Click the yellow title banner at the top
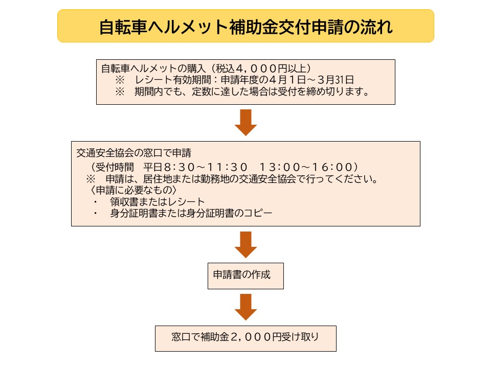coord(245,26)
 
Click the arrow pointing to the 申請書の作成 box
coord(245,245)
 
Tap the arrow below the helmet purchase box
coord(245,122)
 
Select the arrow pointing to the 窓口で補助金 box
coord(245,307)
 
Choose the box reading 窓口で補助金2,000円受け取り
coord(245,338)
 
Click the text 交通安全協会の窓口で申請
coord(133,153)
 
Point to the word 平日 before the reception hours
coord(152,167)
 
